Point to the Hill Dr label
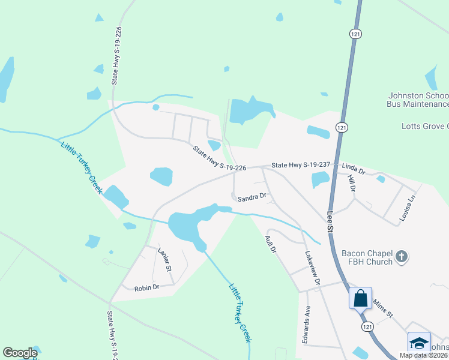pyautogui.click(x=352, y=184)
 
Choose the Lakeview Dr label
pyautogui.click(x=313, y=268)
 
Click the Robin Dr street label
pyautogui.click(x=146, y=288)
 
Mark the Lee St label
pyautogui.click(x=330, y=221)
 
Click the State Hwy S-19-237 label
pyautogui.click(x=301, y=164)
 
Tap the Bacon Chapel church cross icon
pyautogui.click(x=402, y=258)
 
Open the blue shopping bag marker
pyautogui.click(x=360, y=298)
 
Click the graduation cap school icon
pyautogui.click(x=418, y=343)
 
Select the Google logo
pyautogui.click(x=20, y=353)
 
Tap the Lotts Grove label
pyautogui.click(x=424, y=126)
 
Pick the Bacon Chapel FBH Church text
pyautogui.click(x=366, y=258)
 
